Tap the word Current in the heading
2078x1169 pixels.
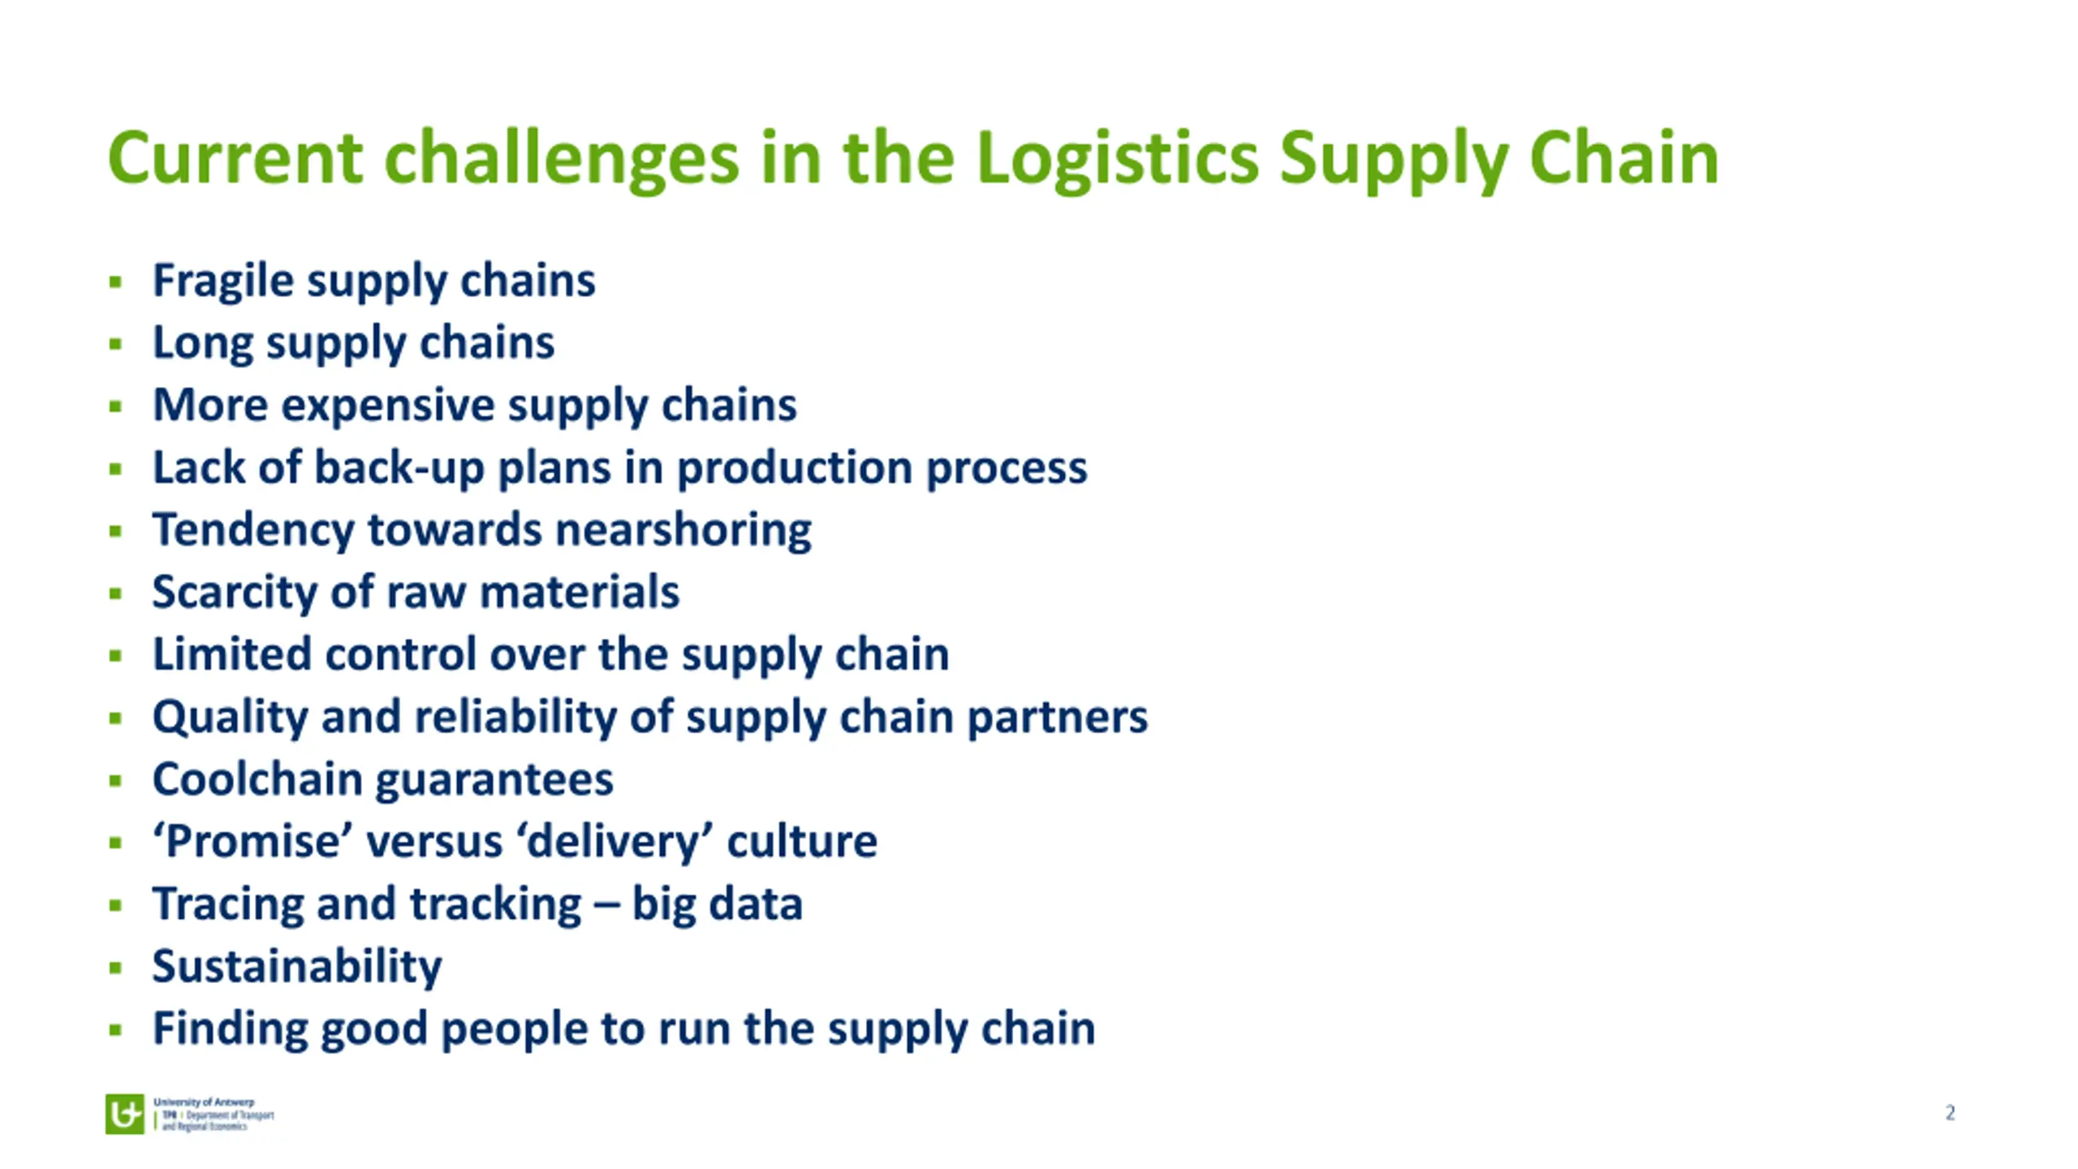(235, 158)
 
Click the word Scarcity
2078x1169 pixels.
(234, 592)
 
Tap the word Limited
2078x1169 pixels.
(231, 654)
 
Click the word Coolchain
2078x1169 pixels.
(257, 779)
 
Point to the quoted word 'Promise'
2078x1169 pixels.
(252, 841)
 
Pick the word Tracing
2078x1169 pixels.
(228, 904)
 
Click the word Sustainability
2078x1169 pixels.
(297, 966)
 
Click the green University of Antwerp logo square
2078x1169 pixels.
(124, 1114)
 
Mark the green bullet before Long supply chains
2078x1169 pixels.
(115, 344)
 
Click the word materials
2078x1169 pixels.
(579, 592)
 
